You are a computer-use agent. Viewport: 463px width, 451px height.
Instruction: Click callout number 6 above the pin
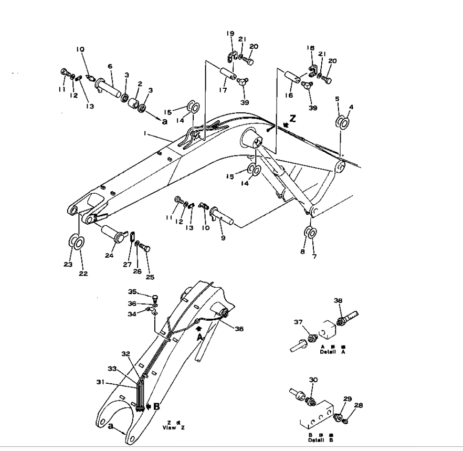point(110,66)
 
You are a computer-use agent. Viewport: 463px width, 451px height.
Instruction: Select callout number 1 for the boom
point(144,134)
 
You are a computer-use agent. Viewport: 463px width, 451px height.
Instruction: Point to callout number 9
point(223,238)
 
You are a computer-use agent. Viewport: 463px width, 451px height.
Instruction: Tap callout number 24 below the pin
point(109,256)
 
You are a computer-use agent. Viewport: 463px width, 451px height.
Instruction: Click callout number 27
point(128,265)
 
